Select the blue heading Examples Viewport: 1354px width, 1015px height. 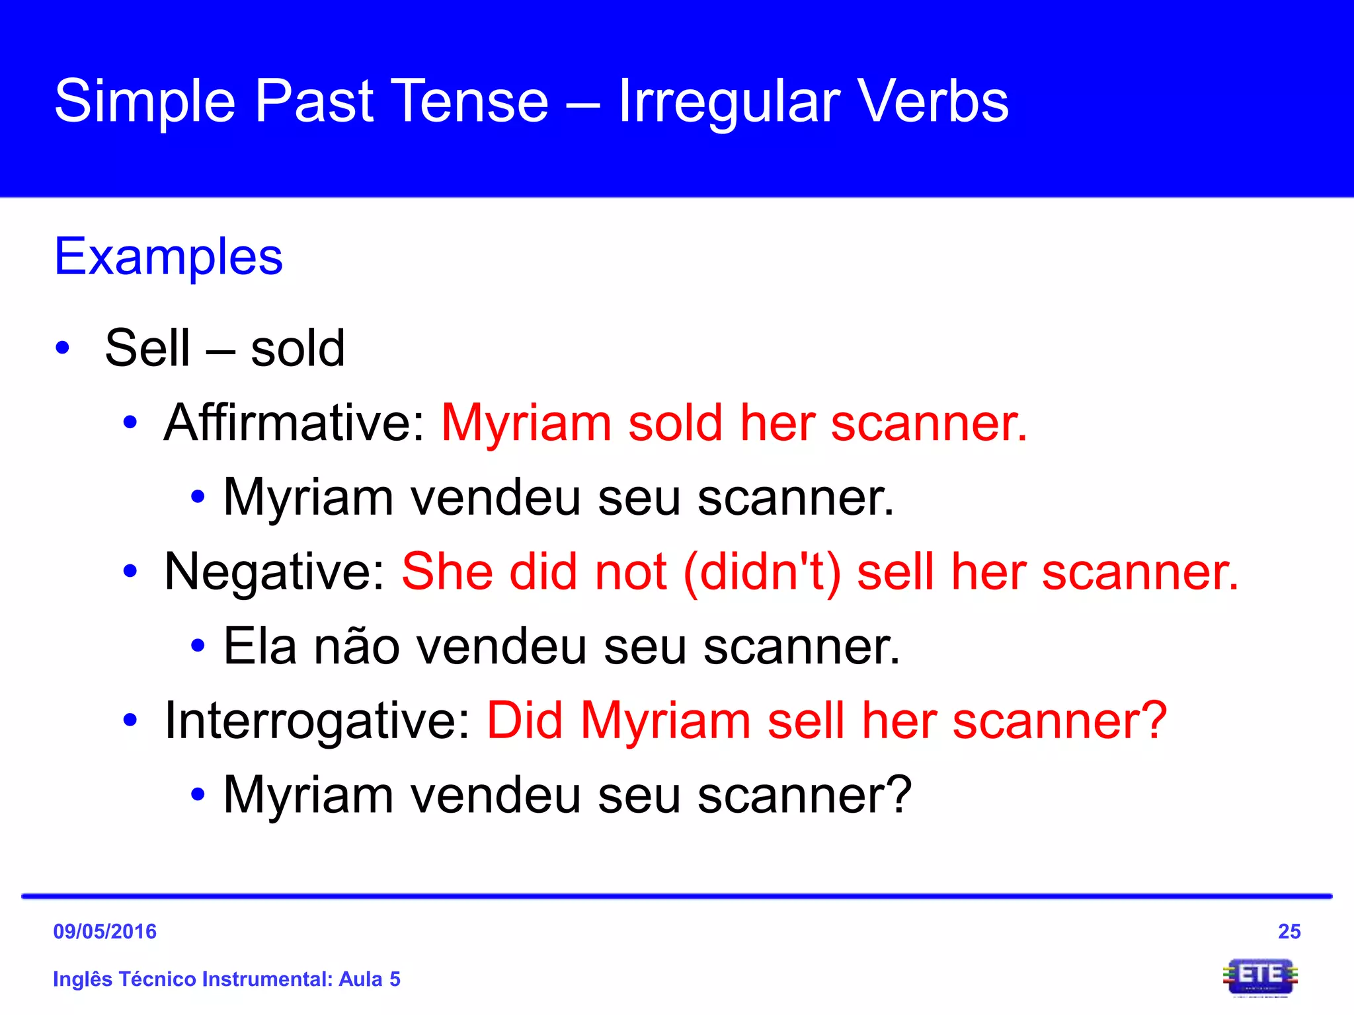tap(169, 256)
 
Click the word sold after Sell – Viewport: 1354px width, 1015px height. tap(298, 348)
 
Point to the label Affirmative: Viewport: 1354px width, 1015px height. tap(295, 423)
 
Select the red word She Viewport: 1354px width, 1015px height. tap(447, 572)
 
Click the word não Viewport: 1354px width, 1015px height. tap(356, 646)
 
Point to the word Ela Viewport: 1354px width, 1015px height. tap(260, 646)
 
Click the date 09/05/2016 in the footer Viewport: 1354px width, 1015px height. tap(105, 931)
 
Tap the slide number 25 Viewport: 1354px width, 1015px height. tap(1289, 931)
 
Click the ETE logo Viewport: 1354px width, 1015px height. tap(1260, 976)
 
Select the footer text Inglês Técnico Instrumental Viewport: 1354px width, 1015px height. tap(192, 979)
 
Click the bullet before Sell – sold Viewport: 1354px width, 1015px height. tap(63, 348)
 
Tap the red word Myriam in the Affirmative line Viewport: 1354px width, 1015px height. tap(526, 423)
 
